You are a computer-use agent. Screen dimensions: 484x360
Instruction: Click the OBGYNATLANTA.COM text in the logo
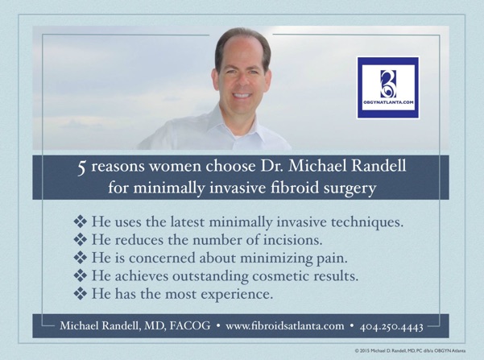tap(388, 102)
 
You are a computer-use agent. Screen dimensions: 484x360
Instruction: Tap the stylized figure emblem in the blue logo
tap(387, 84)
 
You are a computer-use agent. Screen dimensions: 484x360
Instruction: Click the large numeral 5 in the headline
tap(81, 168)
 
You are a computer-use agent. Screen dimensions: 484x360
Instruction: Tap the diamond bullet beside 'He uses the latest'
tap(81, 221)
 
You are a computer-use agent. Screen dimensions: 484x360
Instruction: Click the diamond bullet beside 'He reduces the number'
tap(81, 239)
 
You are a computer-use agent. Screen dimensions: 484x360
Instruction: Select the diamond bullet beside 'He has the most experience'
tap(81, 293)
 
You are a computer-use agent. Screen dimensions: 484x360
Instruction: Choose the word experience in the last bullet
tap(237, 295)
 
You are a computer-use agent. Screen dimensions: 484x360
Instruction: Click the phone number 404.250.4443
tap(391, 326)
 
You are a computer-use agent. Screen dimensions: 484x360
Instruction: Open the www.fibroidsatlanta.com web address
tap(284, 326)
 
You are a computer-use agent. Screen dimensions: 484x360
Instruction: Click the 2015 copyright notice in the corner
tap(410, 350)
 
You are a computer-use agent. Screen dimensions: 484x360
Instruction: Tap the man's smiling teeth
tap(241, 95)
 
